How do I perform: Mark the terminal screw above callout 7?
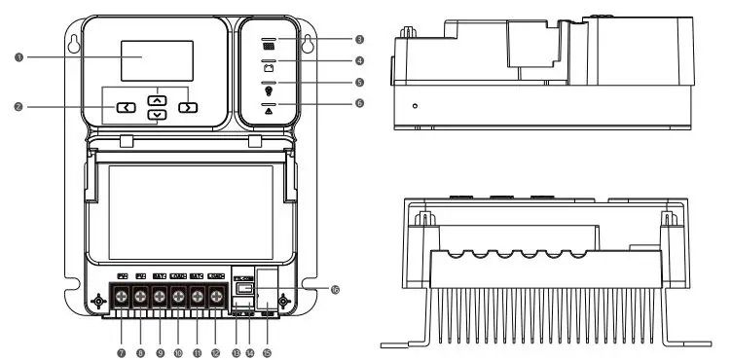(123, 295)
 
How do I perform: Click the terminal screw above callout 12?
(215, 295)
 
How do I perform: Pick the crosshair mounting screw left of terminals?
(97, 303)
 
